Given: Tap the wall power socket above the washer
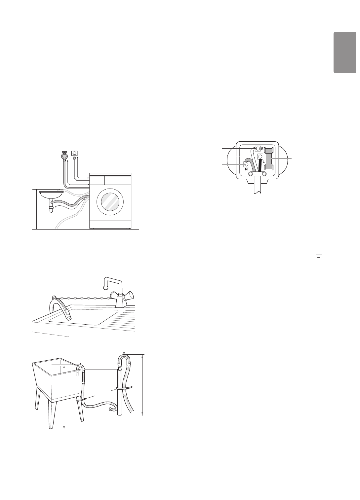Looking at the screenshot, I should coord(75,153).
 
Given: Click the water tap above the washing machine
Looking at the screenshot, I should coord(64,154).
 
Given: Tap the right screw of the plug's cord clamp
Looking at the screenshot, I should coord(264,173).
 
